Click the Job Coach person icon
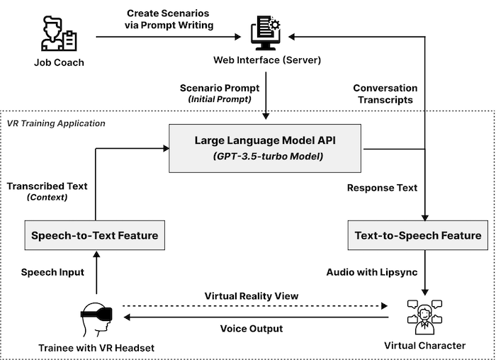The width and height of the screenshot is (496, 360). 58,34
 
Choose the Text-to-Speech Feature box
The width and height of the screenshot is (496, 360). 417,235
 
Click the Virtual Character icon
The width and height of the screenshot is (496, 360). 424,316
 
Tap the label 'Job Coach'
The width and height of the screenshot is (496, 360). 59,62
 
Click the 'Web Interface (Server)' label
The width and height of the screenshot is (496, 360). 268,60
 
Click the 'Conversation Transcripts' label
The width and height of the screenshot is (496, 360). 385,94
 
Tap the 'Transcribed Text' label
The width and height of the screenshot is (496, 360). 47,186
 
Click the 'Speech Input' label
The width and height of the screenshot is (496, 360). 52,271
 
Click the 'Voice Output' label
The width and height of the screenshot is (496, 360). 252,329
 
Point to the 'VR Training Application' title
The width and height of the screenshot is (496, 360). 56,123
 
